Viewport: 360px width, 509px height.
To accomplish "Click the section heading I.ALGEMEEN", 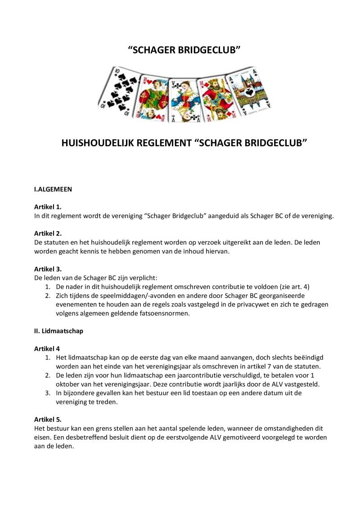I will [53, 189].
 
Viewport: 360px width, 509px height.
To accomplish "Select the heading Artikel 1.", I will [48, 207].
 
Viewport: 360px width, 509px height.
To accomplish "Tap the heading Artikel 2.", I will [48, 233].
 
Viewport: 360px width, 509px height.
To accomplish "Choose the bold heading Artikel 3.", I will [48, 269].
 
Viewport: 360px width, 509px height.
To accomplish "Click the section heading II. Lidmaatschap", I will [58, 331].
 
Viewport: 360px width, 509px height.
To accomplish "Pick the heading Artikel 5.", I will [48, 419].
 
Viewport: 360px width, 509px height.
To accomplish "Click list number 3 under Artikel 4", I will [47, 393].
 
